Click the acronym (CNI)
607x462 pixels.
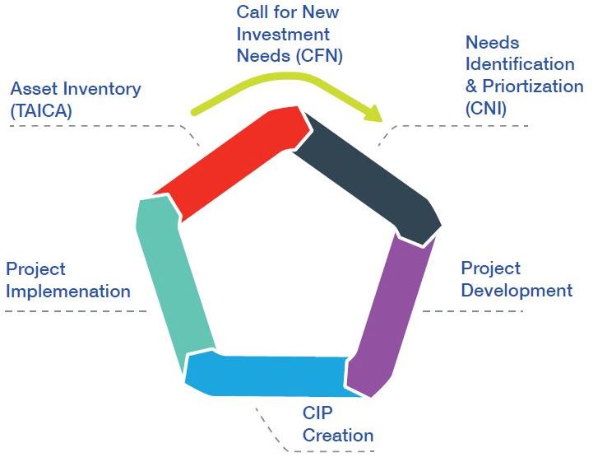[486, 108]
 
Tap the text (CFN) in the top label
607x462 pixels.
[317, 56]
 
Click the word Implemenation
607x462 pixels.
[68, 291]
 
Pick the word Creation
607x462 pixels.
[338, 435]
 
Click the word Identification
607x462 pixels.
[520, 64]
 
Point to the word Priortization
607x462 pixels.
[533, 86]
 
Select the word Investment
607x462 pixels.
[283, 35]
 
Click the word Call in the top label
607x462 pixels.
[253, 12]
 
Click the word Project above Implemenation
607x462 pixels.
[35, 269]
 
